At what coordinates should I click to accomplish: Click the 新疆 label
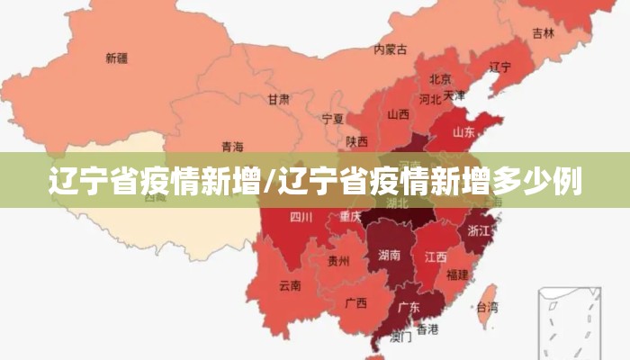[116, 58]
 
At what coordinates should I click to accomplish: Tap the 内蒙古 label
[391, 49]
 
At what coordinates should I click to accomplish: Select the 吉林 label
[543, 33]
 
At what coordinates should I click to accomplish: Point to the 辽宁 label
[500, 67]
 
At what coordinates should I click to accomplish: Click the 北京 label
[440, 79]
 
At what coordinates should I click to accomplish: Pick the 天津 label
[455, 94]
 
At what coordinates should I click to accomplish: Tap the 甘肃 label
[279, 99]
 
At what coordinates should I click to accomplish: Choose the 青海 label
[232, 146]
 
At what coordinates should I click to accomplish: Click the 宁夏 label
[333, 118]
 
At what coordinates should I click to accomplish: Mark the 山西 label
[399, 115]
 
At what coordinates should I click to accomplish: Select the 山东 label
[463, 131]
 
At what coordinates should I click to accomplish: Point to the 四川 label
[301, 217]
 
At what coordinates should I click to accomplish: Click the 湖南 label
[390, 255]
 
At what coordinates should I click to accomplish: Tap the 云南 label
[290, 286]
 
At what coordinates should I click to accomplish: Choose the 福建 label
[457, 274]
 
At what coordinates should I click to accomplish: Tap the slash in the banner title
[265, 183]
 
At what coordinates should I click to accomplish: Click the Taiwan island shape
[487, 301]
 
